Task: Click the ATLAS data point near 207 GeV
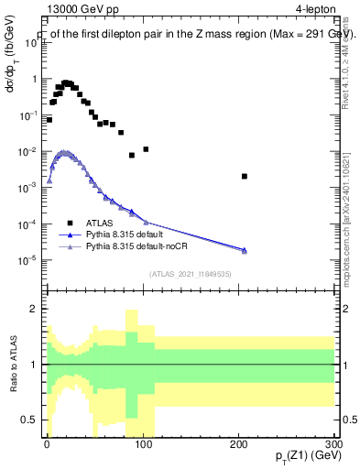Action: [245, 176]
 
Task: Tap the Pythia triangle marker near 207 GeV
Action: [245, 250]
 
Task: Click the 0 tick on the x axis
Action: [47, 442]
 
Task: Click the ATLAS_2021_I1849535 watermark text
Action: [190, 273]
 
